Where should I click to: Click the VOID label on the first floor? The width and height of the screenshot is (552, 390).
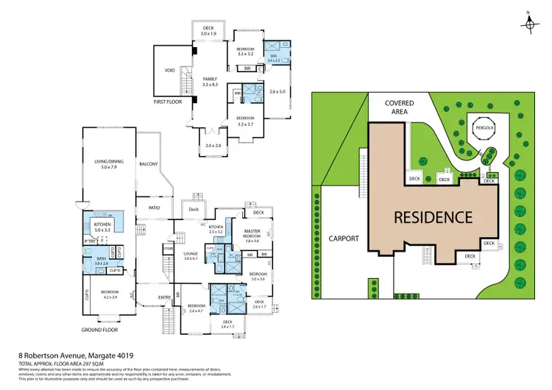point(170,71)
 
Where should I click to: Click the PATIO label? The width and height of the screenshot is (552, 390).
point(155,208)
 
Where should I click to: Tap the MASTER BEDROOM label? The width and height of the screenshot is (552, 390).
point(252,234)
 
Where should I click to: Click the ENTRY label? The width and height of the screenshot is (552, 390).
point(165,297)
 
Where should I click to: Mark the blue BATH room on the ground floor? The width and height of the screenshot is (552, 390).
point(101,260)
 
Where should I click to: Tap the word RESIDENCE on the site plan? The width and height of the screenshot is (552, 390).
point(433,217)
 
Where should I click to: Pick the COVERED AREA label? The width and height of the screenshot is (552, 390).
point(400,107)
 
